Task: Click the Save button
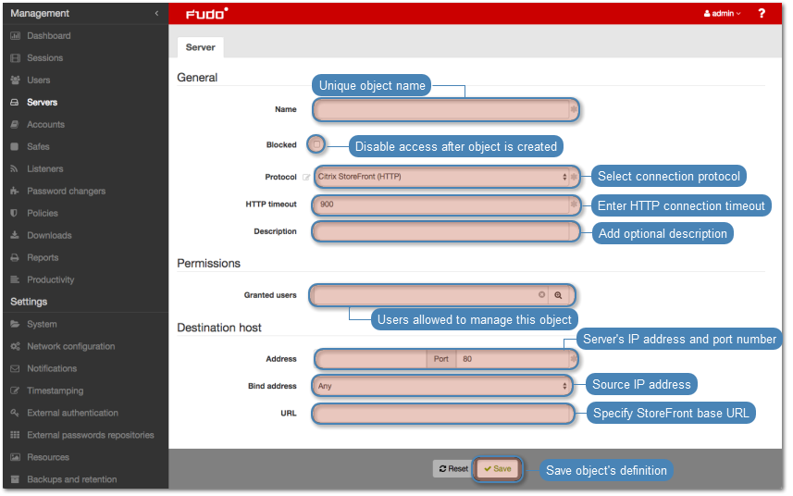coord(498,468)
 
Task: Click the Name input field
coord(441,110)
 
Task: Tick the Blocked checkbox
coord(316,144)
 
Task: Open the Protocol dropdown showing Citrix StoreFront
coord(441,177)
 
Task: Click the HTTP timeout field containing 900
coord(441,205)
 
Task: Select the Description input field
coord(441,231)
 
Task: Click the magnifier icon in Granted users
coord(558,295)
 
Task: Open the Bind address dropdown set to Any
coord(441,386)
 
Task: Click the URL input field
coord(443,414)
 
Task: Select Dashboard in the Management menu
coord(48,36)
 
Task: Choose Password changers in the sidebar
coord(67,192)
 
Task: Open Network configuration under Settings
coord(71,346)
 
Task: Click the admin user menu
coord(722,14)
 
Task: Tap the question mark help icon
coord(762,14)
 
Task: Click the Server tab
coord(200,47)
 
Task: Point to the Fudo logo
coord(207,14)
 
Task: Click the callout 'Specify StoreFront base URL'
coord(671,413)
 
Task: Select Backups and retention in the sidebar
coord(71,479)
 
